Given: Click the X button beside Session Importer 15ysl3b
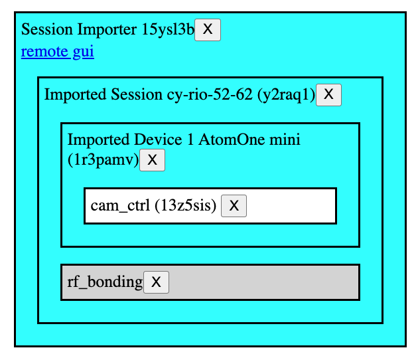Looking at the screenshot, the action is point(208,30).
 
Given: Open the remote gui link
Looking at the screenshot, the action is point(58,51).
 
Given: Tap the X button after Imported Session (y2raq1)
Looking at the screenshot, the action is point(328,95).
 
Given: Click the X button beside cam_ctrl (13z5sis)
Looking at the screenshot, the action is point(234,206).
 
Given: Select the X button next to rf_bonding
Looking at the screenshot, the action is point(156,282).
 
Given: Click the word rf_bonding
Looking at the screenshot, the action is point(105,282).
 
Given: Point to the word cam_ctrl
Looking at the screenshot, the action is point(120,206).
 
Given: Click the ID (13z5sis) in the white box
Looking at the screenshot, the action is point(185,206).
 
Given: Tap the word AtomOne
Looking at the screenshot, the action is point(232,139).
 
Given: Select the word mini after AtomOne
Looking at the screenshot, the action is point(285,139).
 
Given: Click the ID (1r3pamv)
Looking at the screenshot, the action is point(104,160).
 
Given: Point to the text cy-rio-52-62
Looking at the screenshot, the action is point(210,95).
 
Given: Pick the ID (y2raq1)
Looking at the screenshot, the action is point(287,95).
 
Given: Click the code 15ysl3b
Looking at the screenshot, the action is point(168,29).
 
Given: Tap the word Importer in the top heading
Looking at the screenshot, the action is point(107,29).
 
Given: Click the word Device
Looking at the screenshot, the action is point(158,139).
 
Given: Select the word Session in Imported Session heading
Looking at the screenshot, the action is point(137,94).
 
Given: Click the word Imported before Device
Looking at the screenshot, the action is point(98,140).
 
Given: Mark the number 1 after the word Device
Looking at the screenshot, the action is point(190,139).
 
